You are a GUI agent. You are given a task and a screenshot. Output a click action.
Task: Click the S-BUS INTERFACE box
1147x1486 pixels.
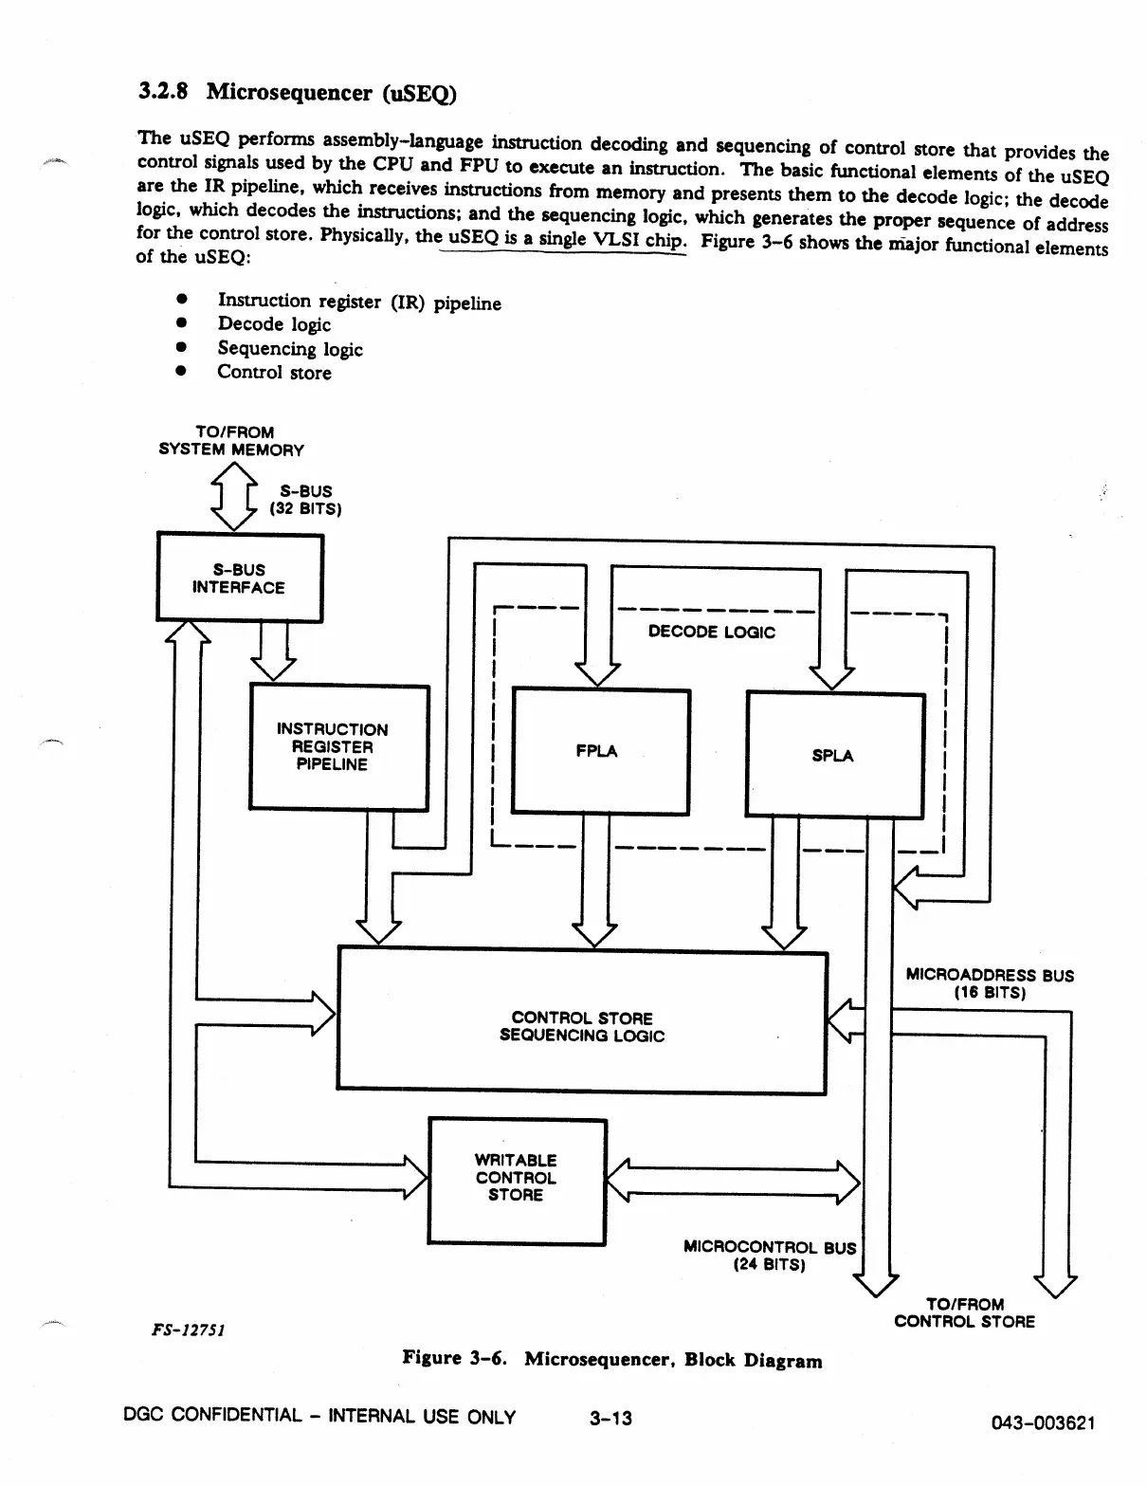239,578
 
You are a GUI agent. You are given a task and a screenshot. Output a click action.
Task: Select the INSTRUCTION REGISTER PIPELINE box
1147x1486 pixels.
338,747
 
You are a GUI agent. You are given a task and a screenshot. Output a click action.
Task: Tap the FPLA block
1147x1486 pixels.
600,751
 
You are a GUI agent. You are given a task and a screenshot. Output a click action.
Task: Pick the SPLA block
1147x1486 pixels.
834,755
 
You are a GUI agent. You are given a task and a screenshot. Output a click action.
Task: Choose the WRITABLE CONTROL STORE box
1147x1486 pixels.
517,1180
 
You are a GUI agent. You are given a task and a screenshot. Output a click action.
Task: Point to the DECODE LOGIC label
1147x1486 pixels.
711,632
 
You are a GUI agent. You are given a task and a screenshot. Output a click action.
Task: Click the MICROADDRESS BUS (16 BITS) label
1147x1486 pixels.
989,983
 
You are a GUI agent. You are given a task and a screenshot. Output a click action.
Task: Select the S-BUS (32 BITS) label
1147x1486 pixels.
305,500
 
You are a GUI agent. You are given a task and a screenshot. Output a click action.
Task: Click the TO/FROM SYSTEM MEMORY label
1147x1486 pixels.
231,441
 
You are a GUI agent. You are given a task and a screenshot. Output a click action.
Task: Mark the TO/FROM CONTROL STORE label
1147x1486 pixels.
964,1312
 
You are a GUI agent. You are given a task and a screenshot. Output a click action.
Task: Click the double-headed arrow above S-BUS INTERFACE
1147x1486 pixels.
233,495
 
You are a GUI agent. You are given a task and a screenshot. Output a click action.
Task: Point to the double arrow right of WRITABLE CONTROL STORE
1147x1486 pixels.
732,1181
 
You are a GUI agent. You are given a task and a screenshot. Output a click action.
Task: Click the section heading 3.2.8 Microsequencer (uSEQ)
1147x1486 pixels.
297,92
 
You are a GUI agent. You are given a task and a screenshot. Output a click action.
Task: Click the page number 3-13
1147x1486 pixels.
610,1418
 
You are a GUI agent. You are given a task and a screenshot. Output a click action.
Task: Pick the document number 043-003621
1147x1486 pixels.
1043,1422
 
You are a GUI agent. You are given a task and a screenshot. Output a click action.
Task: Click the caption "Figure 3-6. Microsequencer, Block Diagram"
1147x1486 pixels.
612,1359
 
